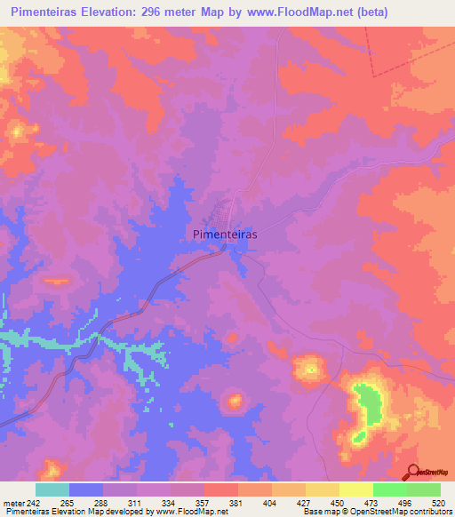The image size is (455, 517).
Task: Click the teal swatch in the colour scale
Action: tap(52, 489)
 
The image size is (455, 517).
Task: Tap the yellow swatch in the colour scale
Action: tap(356, 489)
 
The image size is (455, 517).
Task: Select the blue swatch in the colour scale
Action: tap(86, 489)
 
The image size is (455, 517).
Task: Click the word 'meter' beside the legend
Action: tap(13, 502)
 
